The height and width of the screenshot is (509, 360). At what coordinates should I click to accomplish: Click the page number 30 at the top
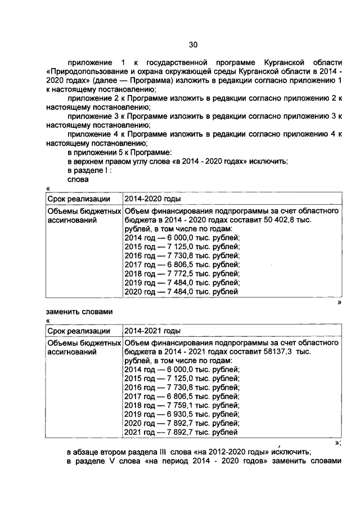(x=193, y=45)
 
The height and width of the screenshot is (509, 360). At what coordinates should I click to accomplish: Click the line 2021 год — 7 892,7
(x=181, y=433)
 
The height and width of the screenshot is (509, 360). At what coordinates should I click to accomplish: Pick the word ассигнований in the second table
(x=71, y=352)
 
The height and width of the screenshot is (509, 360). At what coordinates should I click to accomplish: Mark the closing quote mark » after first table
(x=339, y=301)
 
